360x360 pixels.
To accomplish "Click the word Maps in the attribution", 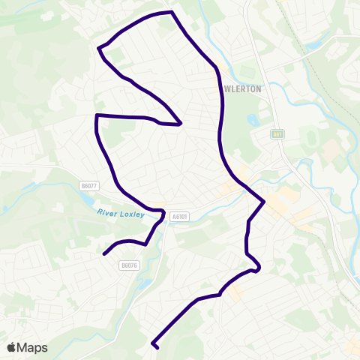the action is (x=32, y=347).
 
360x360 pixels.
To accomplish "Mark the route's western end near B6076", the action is (x=103, y=253).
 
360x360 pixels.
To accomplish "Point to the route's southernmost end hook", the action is (x=156, y=347).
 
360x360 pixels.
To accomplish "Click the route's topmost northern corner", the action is (x=172, y=12).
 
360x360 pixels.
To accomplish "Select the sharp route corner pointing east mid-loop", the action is (x=181, y=124).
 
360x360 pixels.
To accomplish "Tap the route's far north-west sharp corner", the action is (x=98, y=49).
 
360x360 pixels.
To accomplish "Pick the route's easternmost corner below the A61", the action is (x=264, y=202).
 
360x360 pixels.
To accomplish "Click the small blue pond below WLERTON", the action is (x=251, y=119).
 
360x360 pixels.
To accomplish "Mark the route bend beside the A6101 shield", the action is (x=163, y=212).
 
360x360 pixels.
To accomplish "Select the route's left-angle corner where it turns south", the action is (x=97, y=116).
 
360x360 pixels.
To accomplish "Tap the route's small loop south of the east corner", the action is (x=256, y=269).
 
